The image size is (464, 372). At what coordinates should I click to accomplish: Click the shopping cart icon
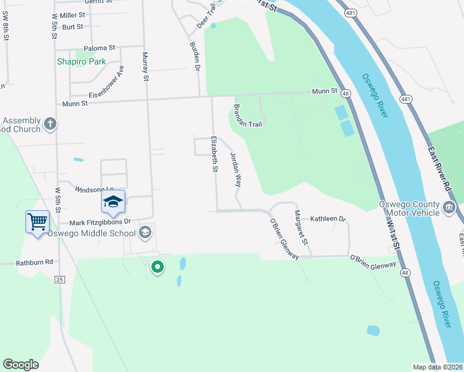click(38, 221)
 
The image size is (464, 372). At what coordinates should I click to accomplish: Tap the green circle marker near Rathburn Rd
click(158, 267)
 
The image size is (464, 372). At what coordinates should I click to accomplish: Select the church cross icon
click(51, 125)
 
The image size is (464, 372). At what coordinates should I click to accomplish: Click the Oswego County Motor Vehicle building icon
click(450, 206)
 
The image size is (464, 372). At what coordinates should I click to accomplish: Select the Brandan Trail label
click(248, 115)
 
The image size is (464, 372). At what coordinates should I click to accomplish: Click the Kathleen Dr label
click(328, 218)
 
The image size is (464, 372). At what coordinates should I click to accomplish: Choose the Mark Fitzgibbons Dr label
click(100, 221)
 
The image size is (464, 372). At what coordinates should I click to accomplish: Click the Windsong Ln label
click(94, 189)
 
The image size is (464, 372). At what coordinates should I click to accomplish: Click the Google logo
click(20, 365)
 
